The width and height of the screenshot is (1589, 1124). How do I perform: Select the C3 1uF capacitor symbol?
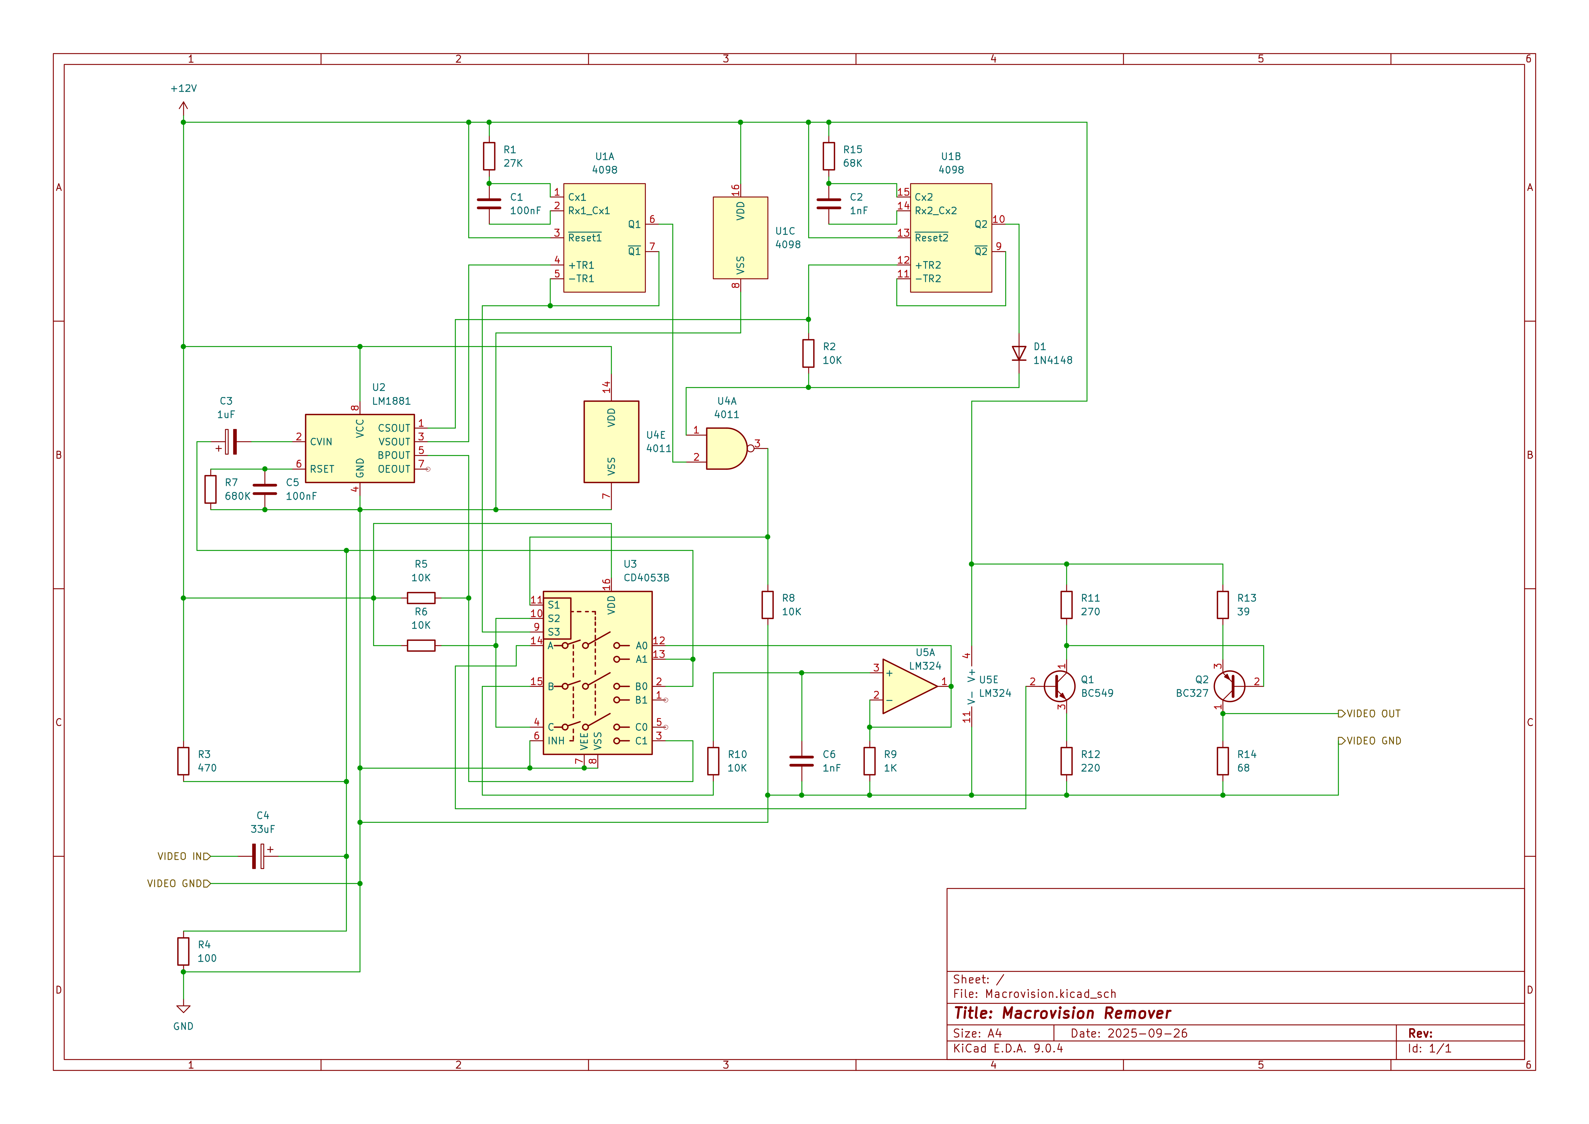[231, 442]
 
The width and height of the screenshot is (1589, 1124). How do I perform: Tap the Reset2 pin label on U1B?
[932, 238]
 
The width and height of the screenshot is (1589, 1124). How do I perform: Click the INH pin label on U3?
[556, 741]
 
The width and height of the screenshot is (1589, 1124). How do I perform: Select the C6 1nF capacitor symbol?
[802, 761]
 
